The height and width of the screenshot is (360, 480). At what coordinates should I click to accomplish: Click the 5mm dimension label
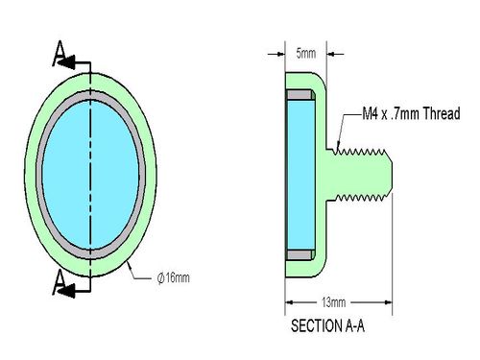click(306, 53)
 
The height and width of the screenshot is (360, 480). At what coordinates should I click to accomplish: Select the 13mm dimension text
click(333, 302)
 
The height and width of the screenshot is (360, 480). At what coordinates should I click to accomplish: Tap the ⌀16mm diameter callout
click(173, 277)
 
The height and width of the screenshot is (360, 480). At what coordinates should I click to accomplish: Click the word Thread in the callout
click(442, 113)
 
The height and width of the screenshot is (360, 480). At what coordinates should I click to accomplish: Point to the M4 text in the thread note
click(370, 113)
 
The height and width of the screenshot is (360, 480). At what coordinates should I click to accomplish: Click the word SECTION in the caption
click(317, 326)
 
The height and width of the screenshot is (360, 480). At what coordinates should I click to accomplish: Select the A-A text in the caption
click(355, 326)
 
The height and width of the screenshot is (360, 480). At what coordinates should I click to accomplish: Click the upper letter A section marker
click(59, 53)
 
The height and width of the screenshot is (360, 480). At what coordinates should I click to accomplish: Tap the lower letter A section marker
click(59, 282)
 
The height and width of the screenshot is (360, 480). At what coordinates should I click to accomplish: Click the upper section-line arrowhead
click(66, 62)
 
